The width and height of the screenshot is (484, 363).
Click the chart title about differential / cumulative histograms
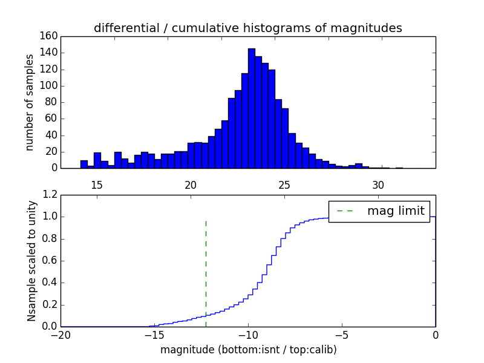click(x=248, y=28)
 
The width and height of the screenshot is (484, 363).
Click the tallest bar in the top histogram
click(x=251, y=109)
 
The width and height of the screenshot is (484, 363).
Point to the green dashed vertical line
click(x=206, y=266)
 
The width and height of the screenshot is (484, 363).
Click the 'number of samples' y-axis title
click(x=30, y=102)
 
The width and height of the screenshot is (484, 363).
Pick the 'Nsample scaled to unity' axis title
click(x=31, y=261)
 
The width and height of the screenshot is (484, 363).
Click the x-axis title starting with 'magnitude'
click(x=248, y=350)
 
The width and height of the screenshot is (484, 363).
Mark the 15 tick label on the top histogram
click(x=97, y=185)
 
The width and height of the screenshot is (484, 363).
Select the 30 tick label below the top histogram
click(x=378, y=185)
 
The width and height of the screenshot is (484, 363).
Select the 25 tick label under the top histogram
click(x=284, y=185)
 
